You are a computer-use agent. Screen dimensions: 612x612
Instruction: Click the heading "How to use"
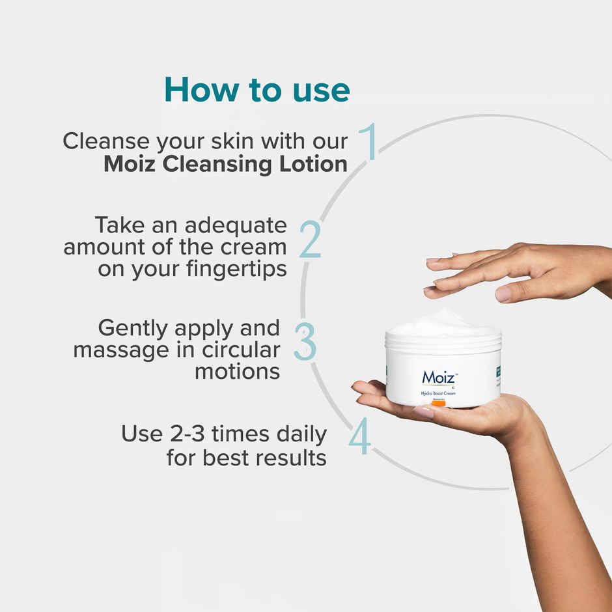(257, 89)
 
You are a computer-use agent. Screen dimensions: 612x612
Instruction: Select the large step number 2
(310, 240)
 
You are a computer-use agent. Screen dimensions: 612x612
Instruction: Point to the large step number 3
(305, 341)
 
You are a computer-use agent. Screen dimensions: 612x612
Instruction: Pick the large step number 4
(359, 438)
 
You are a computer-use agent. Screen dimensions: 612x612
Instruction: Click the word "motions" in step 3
(238, 372)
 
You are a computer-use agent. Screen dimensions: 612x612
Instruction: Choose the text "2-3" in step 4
(198, 434)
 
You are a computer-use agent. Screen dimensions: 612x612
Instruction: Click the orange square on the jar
(439, 404)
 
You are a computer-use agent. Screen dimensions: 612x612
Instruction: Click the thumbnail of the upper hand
(503, 294)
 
